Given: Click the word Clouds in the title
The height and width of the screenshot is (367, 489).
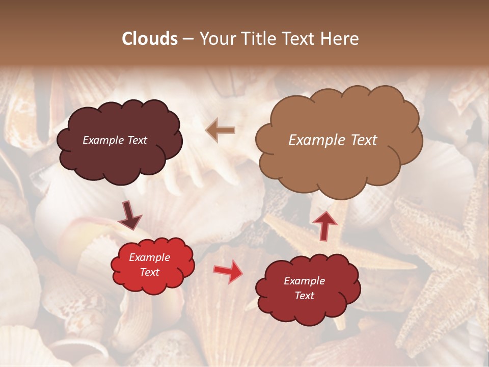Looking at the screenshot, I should coord(150,39).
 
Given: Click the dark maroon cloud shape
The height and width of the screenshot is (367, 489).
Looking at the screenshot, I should coord(119,158).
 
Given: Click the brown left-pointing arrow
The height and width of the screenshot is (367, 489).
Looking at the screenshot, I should coord(220,130).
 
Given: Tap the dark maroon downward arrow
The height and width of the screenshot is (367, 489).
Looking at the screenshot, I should coord(130,216).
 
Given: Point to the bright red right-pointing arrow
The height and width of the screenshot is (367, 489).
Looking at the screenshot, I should coord(228,271).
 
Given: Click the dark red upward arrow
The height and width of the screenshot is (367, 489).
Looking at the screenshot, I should coord(325,225).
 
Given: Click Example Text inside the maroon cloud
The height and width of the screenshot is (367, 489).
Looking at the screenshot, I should coord(115,140).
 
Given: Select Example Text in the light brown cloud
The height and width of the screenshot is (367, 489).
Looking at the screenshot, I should coord(333,140).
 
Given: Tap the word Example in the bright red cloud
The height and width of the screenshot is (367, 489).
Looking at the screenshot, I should coord(149,257).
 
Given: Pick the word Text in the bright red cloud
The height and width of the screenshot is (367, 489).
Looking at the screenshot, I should coord(149,272).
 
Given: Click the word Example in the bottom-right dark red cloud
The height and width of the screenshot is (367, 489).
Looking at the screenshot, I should coord(304,281).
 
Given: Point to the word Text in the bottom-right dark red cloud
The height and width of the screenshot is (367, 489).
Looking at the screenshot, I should coord(304,296).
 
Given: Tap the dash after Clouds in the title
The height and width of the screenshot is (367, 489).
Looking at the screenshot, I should coord(187,39).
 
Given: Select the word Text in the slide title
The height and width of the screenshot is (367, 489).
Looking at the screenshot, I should coord(302,39).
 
